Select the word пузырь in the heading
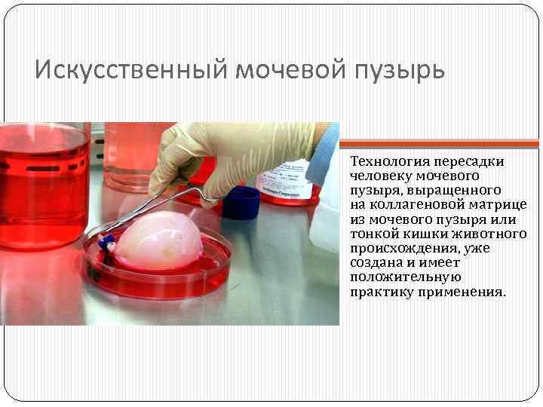click(x=403, y=69)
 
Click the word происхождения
click(x=399, y=248)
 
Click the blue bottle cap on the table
click(x=241, y=203)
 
